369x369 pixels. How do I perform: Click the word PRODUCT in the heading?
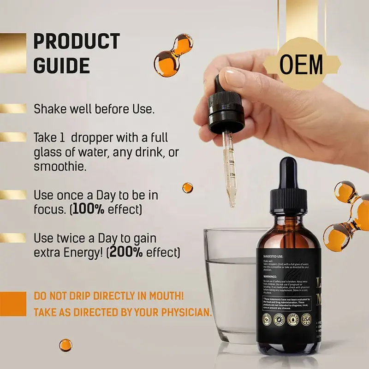pos(77,42)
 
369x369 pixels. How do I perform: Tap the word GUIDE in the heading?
pos(61,66)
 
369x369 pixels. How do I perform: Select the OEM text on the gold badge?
pos(302,65)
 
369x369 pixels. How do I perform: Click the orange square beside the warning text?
pos(13,304)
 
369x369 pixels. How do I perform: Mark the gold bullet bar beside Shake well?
pos(13,109)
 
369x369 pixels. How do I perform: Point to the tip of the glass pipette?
pos(232,203)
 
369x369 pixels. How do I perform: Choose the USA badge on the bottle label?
pos(305,318)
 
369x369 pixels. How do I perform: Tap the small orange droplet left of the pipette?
pos(187,188)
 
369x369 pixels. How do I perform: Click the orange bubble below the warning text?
pos(65,345)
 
